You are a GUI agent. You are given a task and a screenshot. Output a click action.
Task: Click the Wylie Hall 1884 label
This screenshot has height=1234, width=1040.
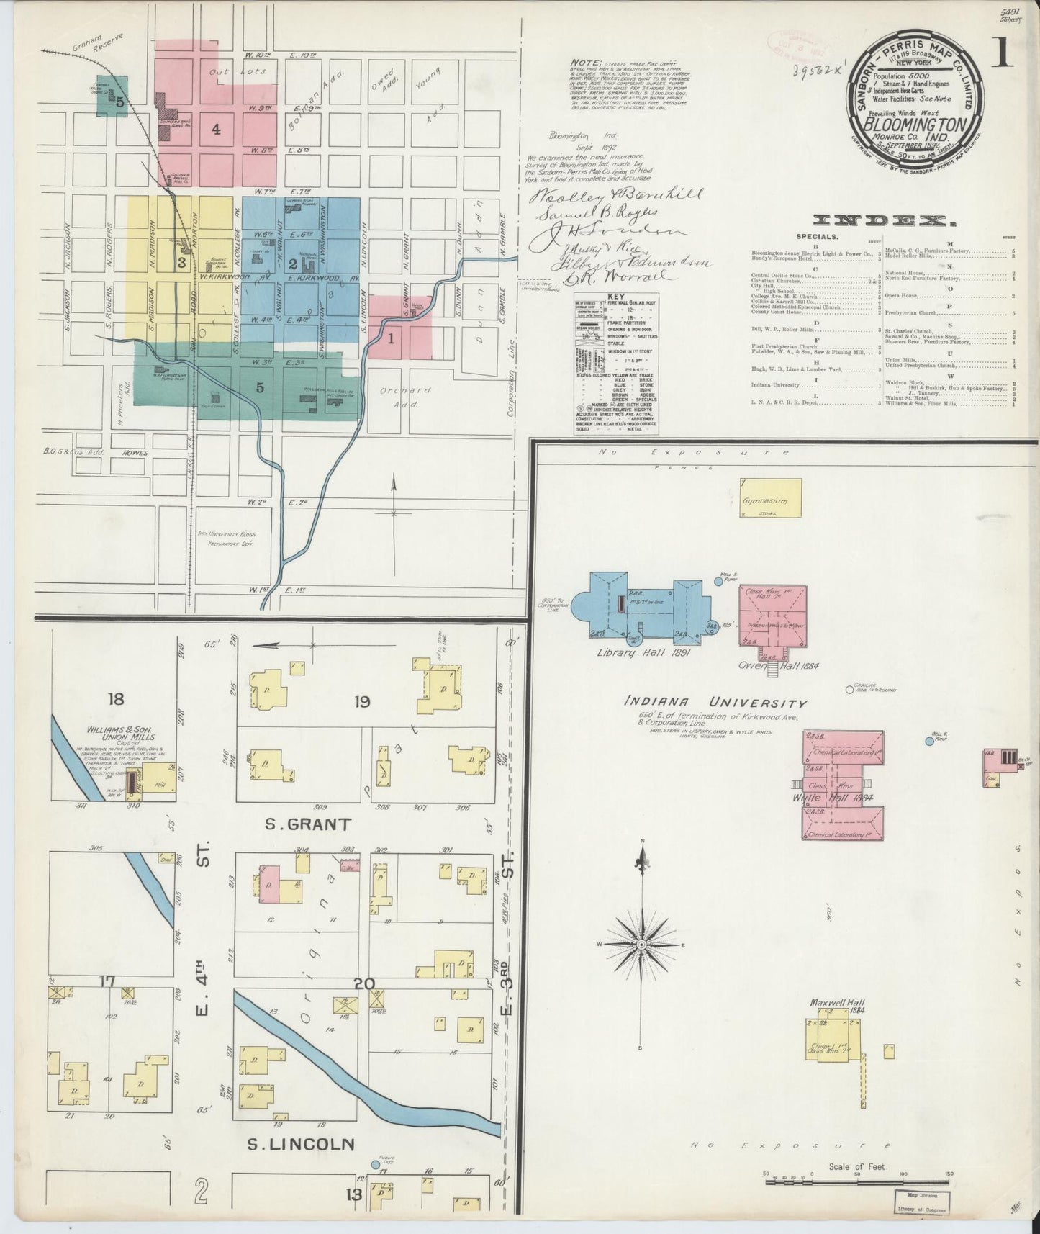point(832,798)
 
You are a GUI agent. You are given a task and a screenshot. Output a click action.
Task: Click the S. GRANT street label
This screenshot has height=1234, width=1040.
point(297,824)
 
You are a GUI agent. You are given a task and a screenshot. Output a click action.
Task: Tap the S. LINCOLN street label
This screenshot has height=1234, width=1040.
point(301,1144)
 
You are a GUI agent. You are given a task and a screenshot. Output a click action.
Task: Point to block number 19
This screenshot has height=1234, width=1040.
point(361,701)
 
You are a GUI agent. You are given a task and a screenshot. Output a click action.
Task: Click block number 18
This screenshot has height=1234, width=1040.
point(117,698)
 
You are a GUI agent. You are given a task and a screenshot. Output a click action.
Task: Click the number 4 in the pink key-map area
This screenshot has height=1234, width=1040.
point(215,130)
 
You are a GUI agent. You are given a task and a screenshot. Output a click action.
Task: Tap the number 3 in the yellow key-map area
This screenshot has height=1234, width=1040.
point(182,264)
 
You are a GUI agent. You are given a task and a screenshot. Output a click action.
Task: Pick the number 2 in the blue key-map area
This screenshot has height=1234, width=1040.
point(293,264)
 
